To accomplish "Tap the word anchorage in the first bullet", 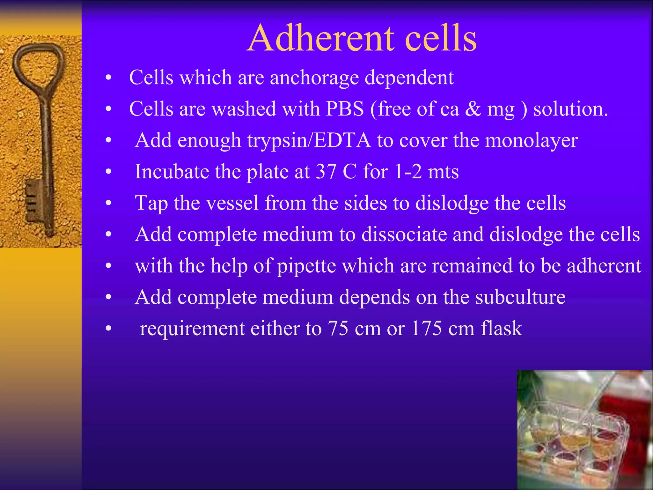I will [314, 78].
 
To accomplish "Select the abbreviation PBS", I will [345, 109].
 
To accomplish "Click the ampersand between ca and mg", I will [473, 109].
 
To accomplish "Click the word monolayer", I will [531, 140].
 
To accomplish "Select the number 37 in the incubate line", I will [326, 171].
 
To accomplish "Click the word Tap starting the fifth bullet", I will [151, 203].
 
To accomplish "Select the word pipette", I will [306, 266].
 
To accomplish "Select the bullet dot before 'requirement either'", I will [109, 329].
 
